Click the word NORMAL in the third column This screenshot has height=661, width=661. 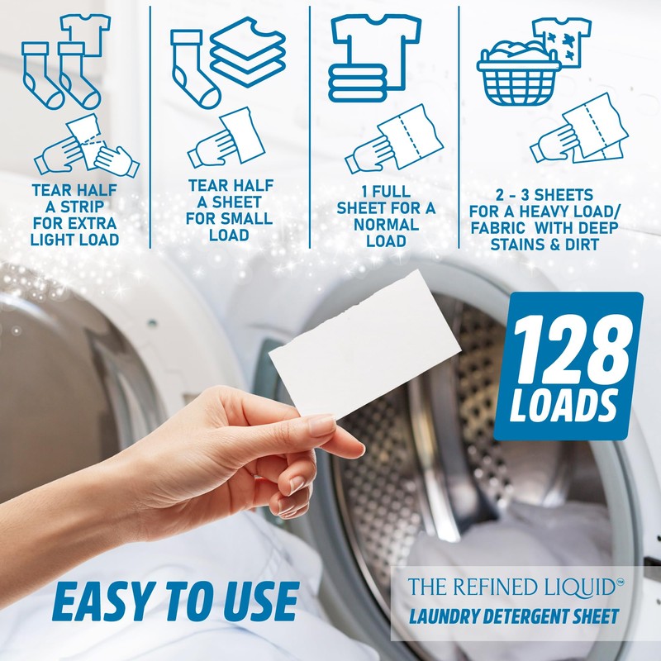[386, 224]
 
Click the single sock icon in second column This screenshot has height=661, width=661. [192, 64]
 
